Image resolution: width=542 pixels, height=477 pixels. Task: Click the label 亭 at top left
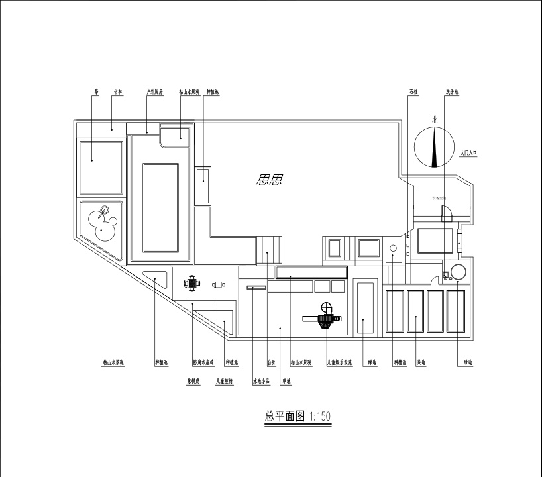click(x=97, y=93)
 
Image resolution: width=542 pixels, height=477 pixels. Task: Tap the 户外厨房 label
click(x=155, y=93)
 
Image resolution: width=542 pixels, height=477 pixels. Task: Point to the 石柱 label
click(x=413, y=93)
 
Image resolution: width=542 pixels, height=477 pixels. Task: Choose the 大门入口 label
click(x=468, y=153)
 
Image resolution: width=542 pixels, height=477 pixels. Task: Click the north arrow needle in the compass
click(x=434, y=147)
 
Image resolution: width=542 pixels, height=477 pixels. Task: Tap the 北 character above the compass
click(x=435, y=120)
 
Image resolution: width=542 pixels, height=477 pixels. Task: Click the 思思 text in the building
click(x=268, y=178)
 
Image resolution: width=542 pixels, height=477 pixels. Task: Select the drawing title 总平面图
click(x=286, y=416)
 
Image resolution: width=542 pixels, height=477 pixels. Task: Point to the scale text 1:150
click(x=320, y=417)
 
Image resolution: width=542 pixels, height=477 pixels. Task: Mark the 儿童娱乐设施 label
click(x=339, y=363)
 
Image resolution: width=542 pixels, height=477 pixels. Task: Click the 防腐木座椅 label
click(x=203, y=363)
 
